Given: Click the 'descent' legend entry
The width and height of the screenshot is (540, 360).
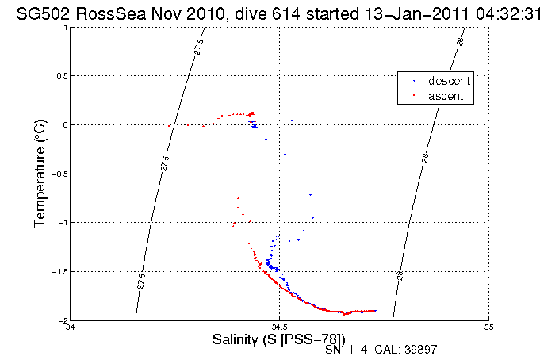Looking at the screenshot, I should tap(449, 82).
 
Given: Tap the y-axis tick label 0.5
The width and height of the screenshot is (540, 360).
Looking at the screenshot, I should tap(58, 75).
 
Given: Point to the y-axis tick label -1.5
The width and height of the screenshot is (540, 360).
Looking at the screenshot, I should tap(56, 271).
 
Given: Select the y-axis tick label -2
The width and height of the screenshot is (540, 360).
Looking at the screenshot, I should tap(60, 320).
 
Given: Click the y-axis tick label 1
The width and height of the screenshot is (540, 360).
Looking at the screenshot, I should tap(63, 27).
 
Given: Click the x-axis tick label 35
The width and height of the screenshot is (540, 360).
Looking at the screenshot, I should tap(489, 327).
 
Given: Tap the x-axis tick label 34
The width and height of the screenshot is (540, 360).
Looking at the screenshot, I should tap(71, 327).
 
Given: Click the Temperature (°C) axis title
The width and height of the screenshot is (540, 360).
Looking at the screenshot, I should tap(40, 174).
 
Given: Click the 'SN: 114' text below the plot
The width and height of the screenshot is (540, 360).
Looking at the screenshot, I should tap(345, 350).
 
